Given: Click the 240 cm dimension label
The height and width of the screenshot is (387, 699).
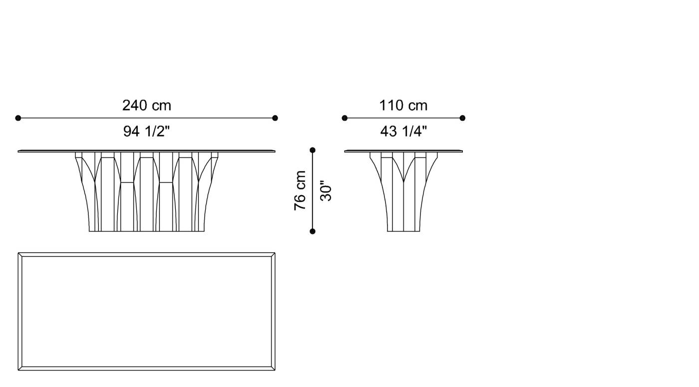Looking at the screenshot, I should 146,106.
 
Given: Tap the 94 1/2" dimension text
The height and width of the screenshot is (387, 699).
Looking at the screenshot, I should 146,131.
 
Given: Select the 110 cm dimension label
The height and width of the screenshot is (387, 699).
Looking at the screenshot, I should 403,106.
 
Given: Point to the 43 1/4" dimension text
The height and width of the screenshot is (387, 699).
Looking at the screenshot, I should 403,131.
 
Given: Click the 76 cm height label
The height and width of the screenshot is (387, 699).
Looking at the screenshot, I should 300,191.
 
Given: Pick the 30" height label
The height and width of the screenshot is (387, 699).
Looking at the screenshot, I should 326,191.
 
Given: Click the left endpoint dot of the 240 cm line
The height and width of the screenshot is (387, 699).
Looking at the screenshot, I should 18,118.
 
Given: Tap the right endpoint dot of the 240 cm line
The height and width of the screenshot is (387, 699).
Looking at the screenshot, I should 275,118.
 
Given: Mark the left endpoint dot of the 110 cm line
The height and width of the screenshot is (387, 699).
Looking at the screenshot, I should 345,118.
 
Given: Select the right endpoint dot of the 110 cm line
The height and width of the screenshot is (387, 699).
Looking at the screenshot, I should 462,118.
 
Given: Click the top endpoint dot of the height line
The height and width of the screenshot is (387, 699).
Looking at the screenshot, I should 313,150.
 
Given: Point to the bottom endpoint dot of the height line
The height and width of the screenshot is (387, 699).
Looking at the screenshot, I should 313,231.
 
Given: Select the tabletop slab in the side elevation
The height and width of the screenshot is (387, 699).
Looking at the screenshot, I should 403,151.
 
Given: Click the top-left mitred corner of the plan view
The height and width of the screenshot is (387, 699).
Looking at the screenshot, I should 20,255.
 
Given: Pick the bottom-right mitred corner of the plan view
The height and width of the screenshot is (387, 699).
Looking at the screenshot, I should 273,368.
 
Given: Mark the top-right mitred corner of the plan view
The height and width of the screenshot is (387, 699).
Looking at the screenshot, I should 273,255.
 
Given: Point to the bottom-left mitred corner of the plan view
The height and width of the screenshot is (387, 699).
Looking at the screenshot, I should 20,368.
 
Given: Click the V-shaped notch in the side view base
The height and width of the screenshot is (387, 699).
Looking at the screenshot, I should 403,175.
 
